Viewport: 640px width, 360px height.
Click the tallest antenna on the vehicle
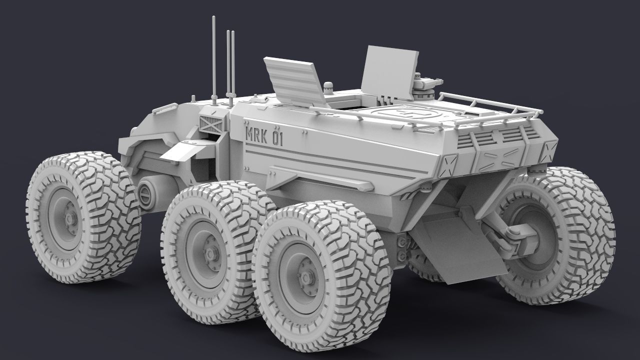(x=214, y=55)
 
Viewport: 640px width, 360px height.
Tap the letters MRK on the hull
(x=256, y=134)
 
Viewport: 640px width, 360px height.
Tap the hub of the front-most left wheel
(x=68, y=218)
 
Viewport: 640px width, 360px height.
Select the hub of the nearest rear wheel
(x=304, y=277)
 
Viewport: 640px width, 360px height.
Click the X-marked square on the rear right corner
(x=550, y=148)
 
